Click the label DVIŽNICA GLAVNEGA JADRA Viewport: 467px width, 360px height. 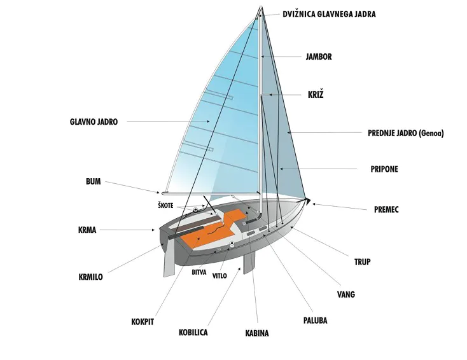point(329,14)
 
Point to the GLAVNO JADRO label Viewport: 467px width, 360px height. point(94,121)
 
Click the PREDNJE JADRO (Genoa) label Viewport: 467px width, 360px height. point(405,134)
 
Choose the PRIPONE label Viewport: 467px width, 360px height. point(384,169)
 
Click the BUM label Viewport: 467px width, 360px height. point(93,181)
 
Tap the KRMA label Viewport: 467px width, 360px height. point(88,230)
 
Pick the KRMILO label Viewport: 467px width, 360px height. point(90,277)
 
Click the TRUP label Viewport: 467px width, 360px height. point(362,261)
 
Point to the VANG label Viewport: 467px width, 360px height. point(346,294)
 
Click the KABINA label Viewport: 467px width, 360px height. point(257,333)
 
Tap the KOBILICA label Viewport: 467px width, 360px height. point(193,332)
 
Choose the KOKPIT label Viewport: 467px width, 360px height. point(143,322)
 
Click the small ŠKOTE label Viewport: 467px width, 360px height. point(166,205)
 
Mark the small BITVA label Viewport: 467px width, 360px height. point(199,272)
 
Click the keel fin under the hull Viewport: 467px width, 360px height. point(249,261)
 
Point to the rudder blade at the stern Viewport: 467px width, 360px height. point(169,261)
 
